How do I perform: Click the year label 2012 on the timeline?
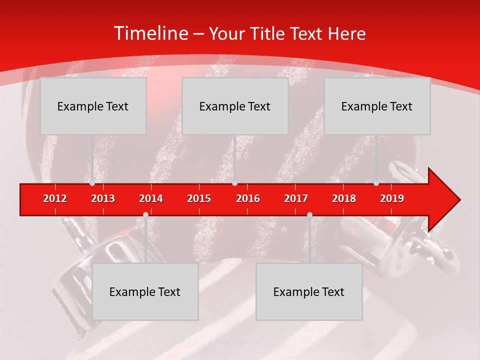[55, 198]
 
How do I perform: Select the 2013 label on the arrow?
[103, 198]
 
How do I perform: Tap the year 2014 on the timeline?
[151, 198]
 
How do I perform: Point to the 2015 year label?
[199, 198]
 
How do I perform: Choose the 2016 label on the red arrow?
[248, 198]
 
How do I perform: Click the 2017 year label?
[296, 198]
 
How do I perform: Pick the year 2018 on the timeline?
[344, 198]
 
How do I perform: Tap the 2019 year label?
[392, 198]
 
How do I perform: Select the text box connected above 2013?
[93, 106]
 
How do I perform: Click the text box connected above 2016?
[235, 106]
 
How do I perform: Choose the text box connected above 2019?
[377, 106]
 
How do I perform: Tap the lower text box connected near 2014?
[145, 291]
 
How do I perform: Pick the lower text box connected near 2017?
[309, 291]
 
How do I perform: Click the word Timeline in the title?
[150, 33]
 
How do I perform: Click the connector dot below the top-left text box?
[92, 183]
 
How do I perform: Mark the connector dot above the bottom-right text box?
[309, 215]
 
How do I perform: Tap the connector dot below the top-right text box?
[376, 183]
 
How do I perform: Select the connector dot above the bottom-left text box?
[145, 215]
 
